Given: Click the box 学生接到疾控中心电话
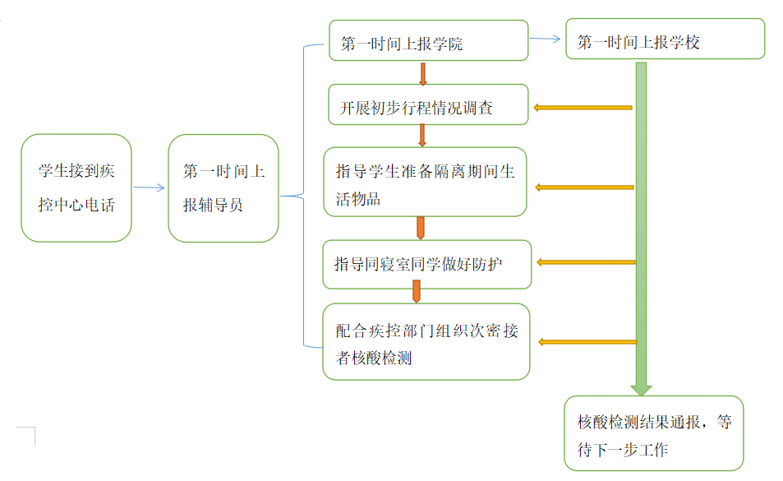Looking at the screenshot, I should [76, 188].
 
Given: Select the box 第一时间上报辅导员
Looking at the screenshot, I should [223, 188].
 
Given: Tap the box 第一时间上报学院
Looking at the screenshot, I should [428, 41].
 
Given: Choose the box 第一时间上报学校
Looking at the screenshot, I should [665, 39].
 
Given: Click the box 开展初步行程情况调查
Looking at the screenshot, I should [428, 104].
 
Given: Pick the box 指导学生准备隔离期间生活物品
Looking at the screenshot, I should [425, 182].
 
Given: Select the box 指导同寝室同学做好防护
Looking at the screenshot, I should [427, 265].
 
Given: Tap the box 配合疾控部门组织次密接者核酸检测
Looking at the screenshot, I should [426, 342].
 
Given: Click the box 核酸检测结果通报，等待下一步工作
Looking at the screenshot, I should [654, 433].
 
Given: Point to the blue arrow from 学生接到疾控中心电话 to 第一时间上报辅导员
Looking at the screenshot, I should [150, 188].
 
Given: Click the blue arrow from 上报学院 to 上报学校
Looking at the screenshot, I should [546, 39].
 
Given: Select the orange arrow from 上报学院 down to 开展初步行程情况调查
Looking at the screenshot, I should [423, 72].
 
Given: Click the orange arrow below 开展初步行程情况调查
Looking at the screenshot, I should [422, 136].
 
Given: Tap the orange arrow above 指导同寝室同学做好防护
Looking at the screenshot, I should [421, 228].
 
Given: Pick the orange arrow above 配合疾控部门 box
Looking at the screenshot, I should [417, 291].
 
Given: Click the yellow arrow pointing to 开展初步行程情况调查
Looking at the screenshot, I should [583, 107].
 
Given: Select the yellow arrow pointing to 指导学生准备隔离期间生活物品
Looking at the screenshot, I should [584, 187].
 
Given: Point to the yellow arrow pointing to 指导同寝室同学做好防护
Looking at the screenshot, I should [586, 262].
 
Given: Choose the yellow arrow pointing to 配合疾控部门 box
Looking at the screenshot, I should [587, 342].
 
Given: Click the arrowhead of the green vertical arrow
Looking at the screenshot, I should [642, 388].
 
